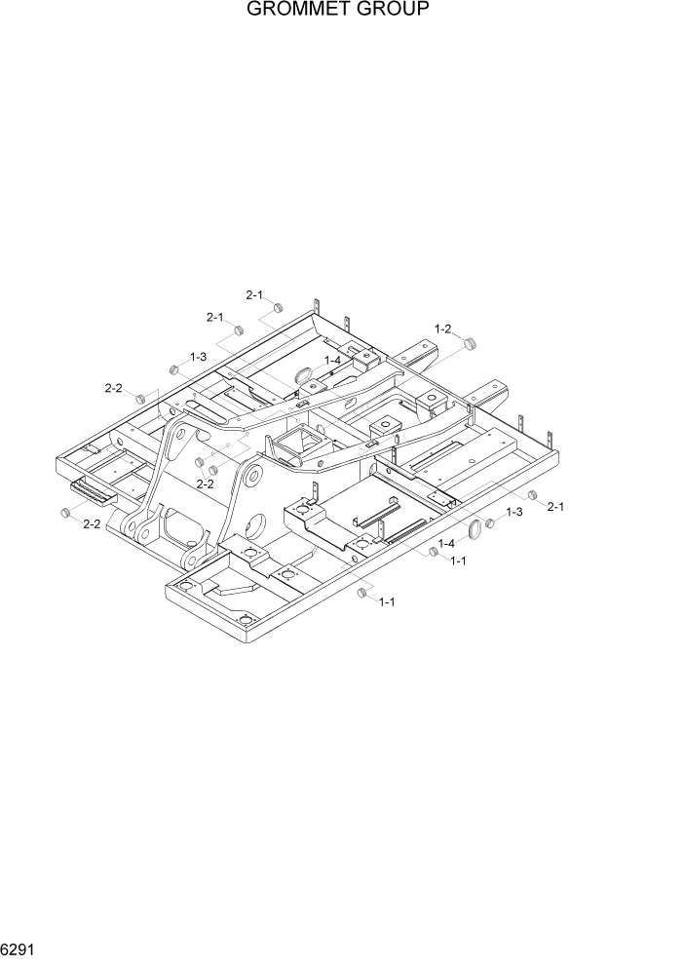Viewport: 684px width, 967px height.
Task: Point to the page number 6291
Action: (x=19, y=946)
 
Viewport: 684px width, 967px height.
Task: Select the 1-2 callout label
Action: (x=442, y=329)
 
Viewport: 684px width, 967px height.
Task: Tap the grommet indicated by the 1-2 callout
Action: (x=473, y=343)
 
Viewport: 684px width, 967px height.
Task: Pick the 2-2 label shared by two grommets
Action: (x=205, y=483)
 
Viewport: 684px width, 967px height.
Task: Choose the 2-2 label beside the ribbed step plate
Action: (x=92, y=524)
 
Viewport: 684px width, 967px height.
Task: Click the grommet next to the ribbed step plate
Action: (x=65, y=513)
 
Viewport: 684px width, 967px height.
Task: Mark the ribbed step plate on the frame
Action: (x=93, y=490)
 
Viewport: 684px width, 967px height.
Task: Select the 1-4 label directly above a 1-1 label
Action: (x=447, y=543)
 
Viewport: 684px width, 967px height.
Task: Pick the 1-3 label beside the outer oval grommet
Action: (x=513, y=512)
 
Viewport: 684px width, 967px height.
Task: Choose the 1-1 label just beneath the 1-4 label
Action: (x=457, y=561)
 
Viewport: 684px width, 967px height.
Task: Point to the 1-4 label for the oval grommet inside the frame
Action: (x=332, y=360)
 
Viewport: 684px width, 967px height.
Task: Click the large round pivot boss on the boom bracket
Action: (x=252, y=477)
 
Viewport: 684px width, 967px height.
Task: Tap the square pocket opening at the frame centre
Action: (x=297, y=446)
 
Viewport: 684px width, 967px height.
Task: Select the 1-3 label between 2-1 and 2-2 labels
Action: (x=198, y=357)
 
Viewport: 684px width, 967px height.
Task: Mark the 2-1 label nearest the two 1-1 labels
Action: (x=556, y=506)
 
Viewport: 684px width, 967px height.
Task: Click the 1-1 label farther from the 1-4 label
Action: (x=387, y=601)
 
